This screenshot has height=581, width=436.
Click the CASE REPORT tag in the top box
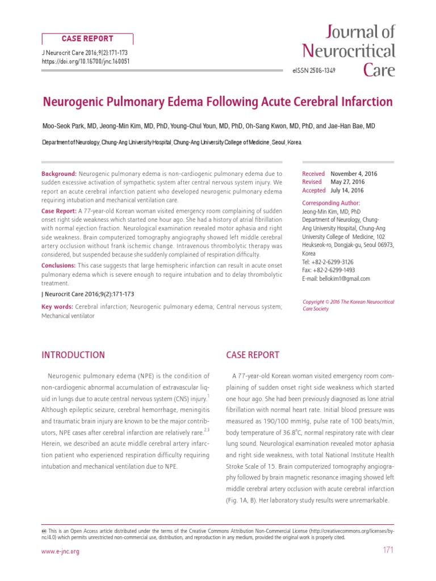click(x=87, y=39)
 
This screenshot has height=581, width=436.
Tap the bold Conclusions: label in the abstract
click(x=58, y=266)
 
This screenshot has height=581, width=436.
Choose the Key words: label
click(x=57, y=307)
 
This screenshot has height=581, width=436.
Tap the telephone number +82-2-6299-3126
click(x=342, y=262)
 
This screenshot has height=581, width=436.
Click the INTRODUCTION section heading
click(x=73, y=355)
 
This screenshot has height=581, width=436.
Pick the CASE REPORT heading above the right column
click(x=253, y=355)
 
